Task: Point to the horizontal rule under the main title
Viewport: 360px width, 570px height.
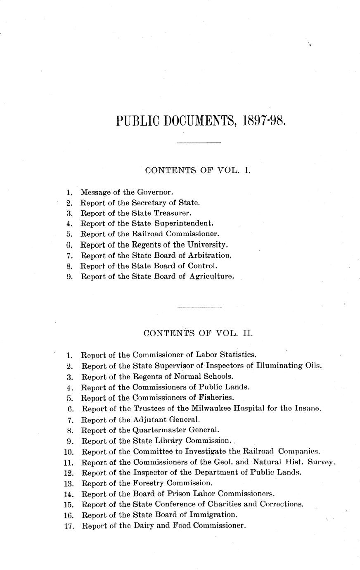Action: (199, 143)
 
